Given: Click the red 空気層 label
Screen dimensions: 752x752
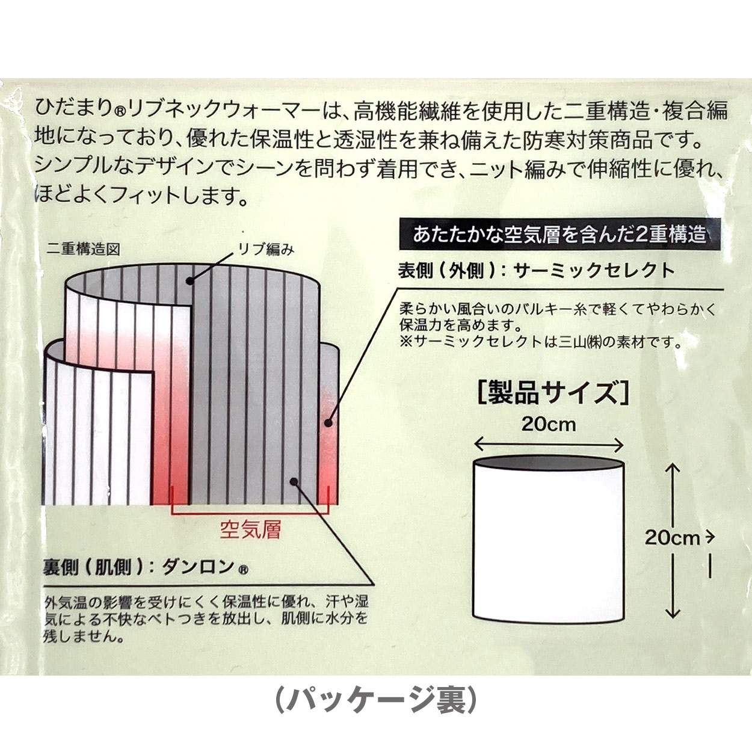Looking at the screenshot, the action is pos(250,530).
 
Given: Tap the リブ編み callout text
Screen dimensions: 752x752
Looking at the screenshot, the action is pos(266,250).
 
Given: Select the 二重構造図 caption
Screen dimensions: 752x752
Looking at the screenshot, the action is pos(82,250).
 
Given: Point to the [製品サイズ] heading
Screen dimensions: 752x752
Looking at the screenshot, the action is pos(553,393).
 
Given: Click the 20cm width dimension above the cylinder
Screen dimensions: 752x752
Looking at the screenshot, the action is pos(548,425).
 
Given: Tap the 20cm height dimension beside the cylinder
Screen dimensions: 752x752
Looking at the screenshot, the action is pos(672,538).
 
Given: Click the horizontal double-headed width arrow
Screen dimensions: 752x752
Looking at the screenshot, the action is pos(548,445).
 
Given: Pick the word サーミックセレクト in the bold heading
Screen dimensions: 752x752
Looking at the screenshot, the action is pos(594,271).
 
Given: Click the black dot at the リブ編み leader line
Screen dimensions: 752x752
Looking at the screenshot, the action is pos(190,280).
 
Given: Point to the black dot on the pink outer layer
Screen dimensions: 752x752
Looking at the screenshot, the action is pos(328,423).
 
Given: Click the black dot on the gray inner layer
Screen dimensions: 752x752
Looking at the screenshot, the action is pos(294,482).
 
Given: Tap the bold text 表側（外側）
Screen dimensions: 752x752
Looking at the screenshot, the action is pos(447,271).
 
